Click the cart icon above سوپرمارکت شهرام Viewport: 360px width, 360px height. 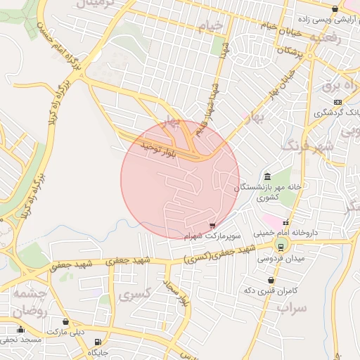pos(212,225)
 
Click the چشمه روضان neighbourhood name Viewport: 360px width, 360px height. pos(29,302)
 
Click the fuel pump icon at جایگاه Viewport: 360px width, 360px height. pos(96,342)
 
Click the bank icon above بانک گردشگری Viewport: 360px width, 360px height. pos(337,103)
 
